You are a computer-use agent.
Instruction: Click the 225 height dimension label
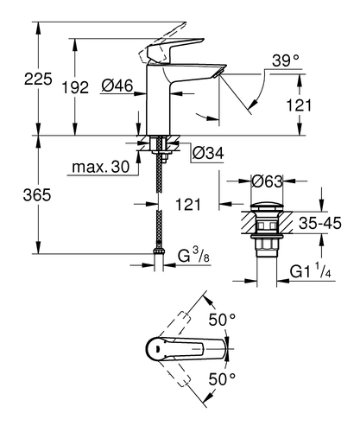(x=38, y=79)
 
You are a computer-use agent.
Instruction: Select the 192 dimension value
(x=75, y=87)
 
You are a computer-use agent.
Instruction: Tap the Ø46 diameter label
(x=117, y=86)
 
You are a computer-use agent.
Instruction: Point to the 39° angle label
(x=286, y=60)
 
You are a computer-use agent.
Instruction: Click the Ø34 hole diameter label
(x=208, y=153)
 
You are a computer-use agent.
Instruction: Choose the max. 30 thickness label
(x=100, y=167)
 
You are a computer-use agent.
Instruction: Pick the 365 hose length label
(x=37, y=195)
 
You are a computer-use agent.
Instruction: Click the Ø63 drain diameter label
(x=268, y=181)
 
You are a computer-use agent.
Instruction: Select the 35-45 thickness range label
(x=320, y=223)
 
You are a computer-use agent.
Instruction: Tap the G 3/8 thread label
(x=193, y=256)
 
